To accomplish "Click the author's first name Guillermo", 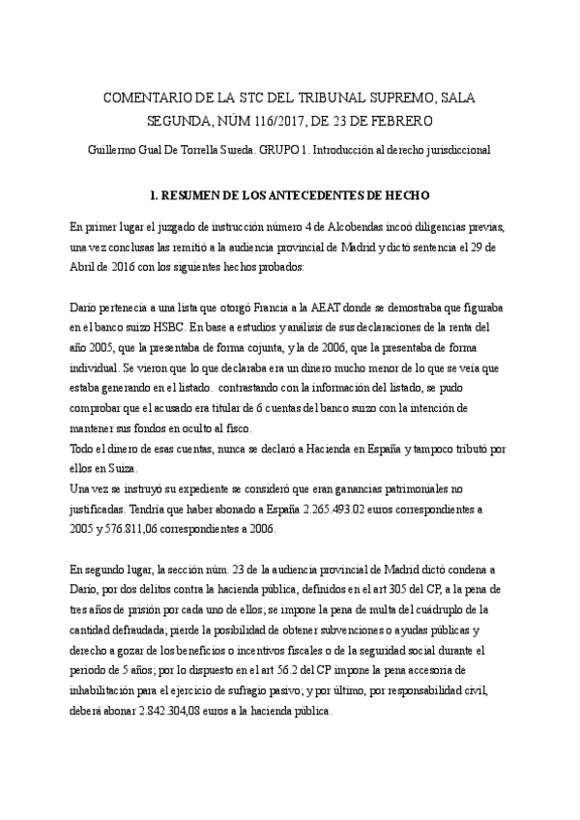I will pyautogui.click(x=113, y=150).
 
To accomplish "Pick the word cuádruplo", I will pyautogui.click(x=440, y=610).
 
